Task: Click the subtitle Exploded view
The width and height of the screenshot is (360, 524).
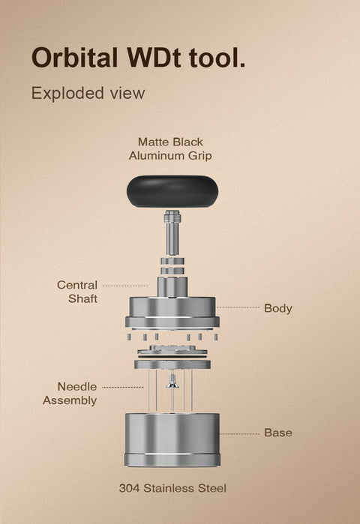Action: pos(88,94)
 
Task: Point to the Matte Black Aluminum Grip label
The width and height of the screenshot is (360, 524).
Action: pos(170,148)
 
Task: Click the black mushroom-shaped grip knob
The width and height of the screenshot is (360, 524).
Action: pos(172,190)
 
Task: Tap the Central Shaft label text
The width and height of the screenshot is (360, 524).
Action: pos(77,292)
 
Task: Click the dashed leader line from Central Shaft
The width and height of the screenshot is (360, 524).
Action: pos(125,286)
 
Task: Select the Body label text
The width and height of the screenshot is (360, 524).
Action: pos(277,308)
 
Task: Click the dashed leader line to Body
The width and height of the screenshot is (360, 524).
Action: pos(238,307)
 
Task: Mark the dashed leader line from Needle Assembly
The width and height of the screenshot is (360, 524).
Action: pos(122,388)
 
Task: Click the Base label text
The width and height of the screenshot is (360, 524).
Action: pos(277,433)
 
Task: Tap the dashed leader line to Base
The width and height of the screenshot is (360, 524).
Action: pos(239,433)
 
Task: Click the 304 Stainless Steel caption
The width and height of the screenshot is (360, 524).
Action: pos(172,488)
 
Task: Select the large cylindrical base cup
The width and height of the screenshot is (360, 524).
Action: pos(172,439)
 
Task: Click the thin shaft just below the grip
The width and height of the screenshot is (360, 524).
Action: pos(172,229)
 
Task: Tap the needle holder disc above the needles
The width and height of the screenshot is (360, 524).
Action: pos(172,364)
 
